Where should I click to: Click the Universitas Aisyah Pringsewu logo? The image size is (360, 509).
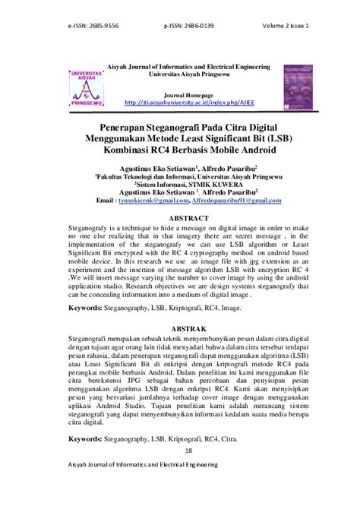tap(87, 88)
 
